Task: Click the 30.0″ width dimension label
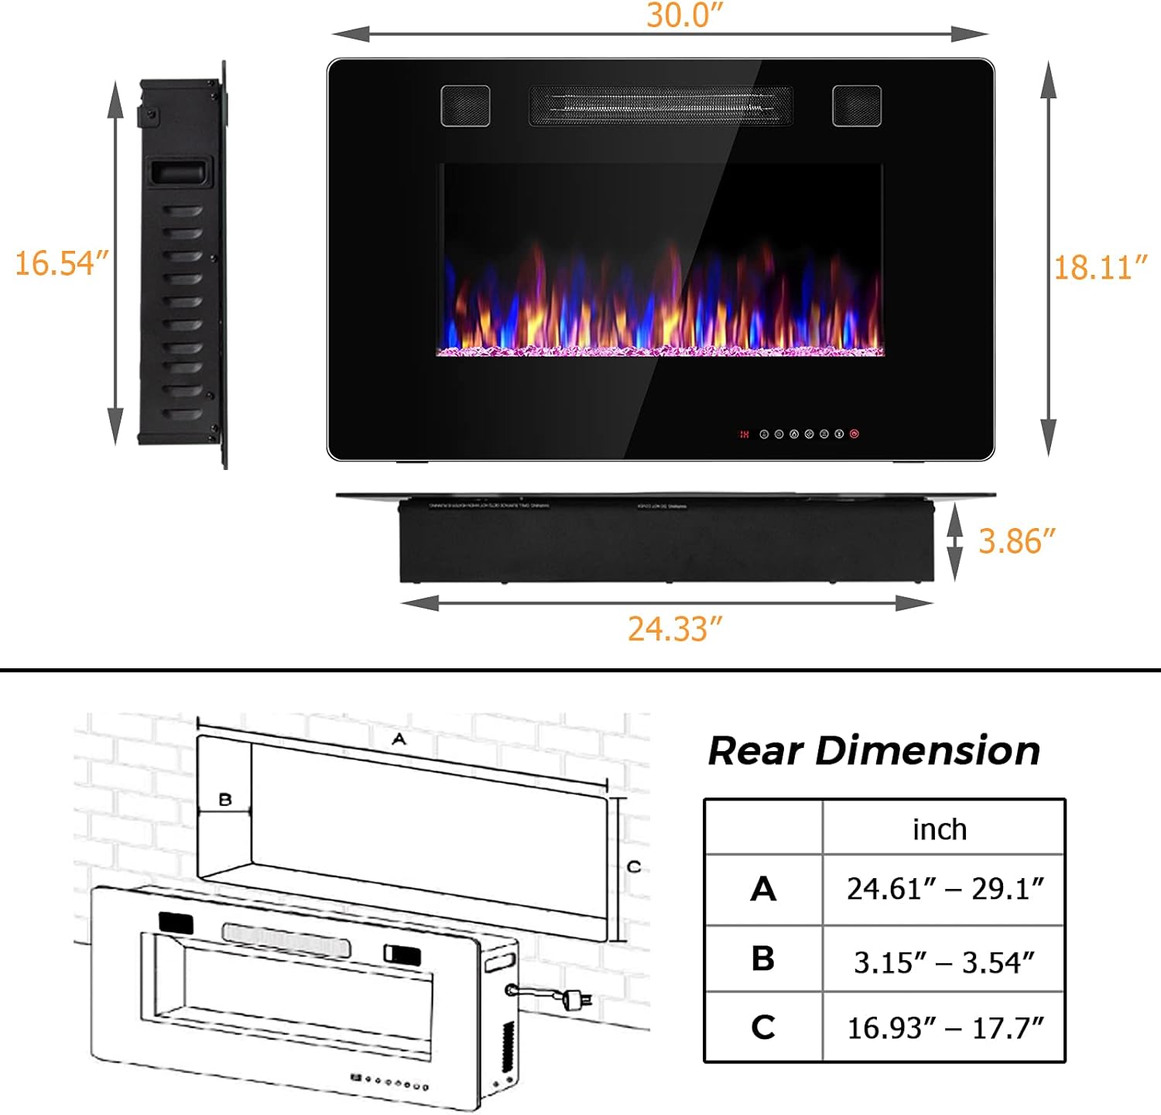pyautogui.click(x=684, y=15)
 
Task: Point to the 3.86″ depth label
pyautogui.click(x=1016, y=541)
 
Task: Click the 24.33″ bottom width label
pyautogui.click(x=674, y=629)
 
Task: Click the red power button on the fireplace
pyautogui.click(x=854, y=434)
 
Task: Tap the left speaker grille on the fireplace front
pyautogui.click(x=465, y=105)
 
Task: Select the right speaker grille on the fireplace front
pyautogui.click(x=857, y=105)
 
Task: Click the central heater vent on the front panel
pyautogui.click(x=660, y=105)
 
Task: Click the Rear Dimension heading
pyautogui.click(x=874, y=751)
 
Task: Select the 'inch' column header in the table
pyautogui.click(x=940, y=829)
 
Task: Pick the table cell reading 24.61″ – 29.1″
pyautogui.click(x=945, y=889)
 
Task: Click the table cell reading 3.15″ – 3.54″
pyautogui.click(x=944, y=962)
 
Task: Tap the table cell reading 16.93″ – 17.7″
pyautogui.click(x=945, y=1028)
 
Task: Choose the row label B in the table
pyautogui.click(x=762, y=959)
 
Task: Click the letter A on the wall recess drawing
pyautogui.click(x=399, y=739)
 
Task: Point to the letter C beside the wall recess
pyautogui.click(x=634, y=866)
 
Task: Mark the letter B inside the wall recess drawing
pyautogui.click(x=225, y=799)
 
